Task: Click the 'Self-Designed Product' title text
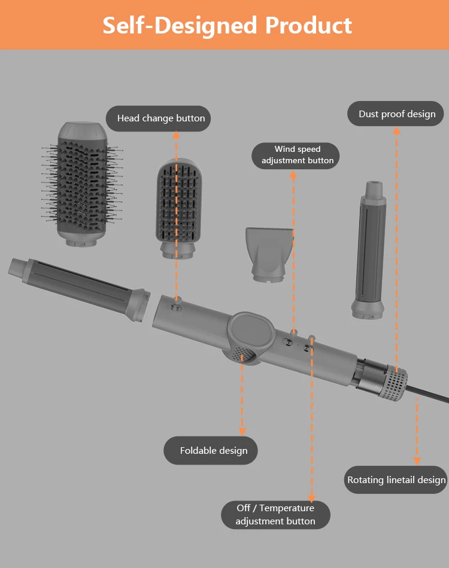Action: [227, 25]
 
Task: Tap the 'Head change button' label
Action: [161, 118]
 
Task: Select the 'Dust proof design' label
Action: [397, 114]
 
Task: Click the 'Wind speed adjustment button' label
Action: [297, 155]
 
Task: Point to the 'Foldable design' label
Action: [213, 451]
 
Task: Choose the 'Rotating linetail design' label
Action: [396, 480]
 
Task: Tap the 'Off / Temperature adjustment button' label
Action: [275, 515]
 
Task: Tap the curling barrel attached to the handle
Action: [78, 281]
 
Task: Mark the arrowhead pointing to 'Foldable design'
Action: [242, 431]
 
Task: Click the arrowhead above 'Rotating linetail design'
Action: [417, 460]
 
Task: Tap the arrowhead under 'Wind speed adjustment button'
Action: [293, 175]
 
